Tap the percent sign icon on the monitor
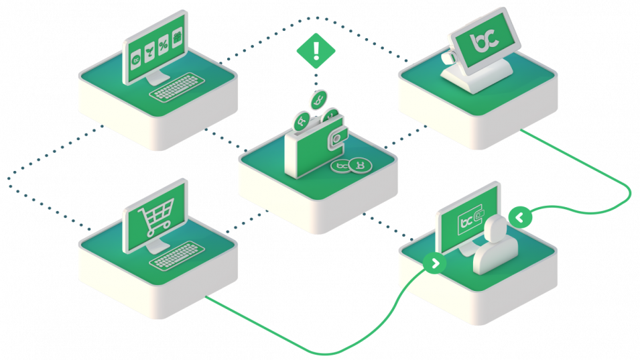point(164,45)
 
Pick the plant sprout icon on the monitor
point(149,52)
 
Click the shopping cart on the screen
point(153,219)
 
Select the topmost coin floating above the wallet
point(320,99)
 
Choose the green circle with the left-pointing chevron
point(519,217)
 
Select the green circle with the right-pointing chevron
point(436,263)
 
